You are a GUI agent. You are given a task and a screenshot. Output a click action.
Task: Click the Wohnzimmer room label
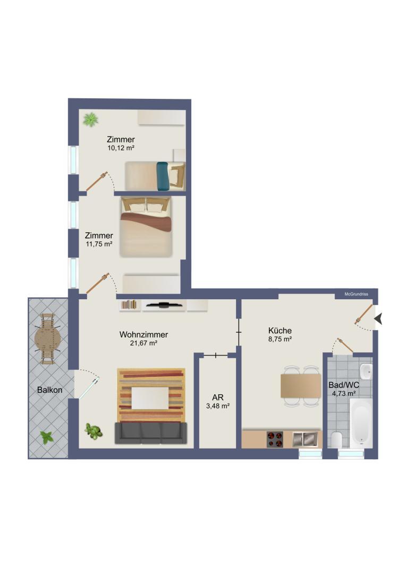pos(143,335)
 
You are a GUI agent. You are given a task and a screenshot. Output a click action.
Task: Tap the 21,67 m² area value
pos(143,343)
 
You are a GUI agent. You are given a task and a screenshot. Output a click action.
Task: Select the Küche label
pos(280,331)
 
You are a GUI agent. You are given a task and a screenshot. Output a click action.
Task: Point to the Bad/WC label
pos(344,385)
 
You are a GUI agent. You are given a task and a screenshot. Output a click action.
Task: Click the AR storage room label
pos(218,398)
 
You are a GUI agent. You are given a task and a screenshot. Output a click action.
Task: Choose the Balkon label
pos(50,390)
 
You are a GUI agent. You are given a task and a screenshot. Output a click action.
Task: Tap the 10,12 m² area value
pos(121,148)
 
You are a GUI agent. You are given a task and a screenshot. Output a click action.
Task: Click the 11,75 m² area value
pos(99,244)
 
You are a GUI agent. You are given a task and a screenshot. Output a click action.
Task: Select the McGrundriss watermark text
pos(356,294)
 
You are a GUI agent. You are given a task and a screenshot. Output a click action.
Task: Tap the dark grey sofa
pos(151,433)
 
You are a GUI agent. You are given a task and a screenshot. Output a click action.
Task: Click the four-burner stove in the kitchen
pos(275,440)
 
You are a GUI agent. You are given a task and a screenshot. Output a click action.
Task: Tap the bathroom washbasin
pos(366,372)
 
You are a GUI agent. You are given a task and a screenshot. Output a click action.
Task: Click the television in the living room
pos(163,304)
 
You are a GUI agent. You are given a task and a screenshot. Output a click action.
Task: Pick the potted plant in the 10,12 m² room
pos(90,120)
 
